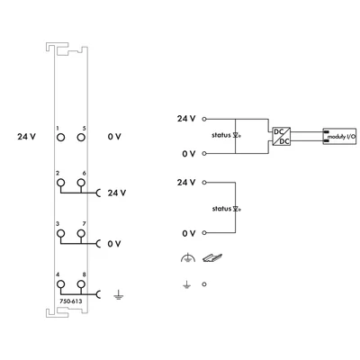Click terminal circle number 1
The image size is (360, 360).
[x=60, y=138]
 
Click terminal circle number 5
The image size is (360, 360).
[x=81, y=138]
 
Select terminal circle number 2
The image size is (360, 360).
[x=60, y=183]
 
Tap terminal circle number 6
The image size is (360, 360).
[x=81, y=183]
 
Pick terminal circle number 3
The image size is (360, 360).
[x=60, y=233]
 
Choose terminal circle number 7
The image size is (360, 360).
[x=81, y=233]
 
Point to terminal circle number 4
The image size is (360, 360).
[x=60, y=283]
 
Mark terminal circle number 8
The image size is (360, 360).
[x=81, y=283]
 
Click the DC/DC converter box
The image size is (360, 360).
[x=282, y=136]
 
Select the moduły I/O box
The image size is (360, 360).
[x=339, y=136]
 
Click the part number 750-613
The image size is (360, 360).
[x=71, y=301]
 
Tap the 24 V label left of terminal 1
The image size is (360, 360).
[x=26, y=137]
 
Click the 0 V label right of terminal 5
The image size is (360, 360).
[x=114, y=137]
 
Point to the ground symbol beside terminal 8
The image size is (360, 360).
[x=118, y=295]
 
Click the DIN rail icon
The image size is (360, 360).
[x=212, y=257]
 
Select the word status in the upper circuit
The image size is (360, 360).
[x=221, y=135]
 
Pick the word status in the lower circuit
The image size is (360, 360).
[x=221, y=209]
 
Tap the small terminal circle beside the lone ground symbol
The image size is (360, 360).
[x=204, y=284]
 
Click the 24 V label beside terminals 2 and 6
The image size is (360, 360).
[x=117, y=193]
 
